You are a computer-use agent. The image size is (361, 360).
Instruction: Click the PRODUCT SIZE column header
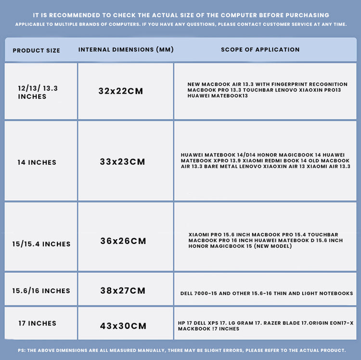[x=37, y=51]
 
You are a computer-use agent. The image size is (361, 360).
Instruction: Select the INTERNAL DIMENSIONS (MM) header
[x=126, y=50]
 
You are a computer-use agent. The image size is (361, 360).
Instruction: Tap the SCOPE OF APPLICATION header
[x=260, y=50]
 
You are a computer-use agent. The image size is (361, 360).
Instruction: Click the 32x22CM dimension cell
[x=121, y=91]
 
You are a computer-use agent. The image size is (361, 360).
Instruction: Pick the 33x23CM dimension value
[x=123, y=162]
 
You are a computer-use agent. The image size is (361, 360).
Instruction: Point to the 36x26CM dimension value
[x=123, y=241]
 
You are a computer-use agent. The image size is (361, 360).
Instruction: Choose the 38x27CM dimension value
[x=123, y=291]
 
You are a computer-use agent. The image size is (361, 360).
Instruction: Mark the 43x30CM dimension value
[x=123, y=326]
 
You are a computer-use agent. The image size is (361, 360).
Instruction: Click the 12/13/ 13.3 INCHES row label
[x=38, y=92]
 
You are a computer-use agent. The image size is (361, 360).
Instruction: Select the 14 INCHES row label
[x=37, y=162]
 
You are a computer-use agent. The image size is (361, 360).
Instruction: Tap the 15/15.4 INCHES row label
[x=41, y=244]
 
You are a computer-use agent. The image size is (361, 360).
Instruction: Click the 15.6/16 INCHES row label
[x=41, y=291]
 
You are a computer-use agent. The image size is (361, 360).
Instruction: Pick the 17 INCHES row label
[x=38, y=323]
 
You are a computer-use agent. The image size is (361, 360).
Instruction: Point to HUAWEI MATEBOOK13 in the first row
[x=218, y=96]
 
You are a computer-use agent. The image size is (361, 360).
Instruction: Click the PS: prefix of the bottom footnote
[x=22, y=350]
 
